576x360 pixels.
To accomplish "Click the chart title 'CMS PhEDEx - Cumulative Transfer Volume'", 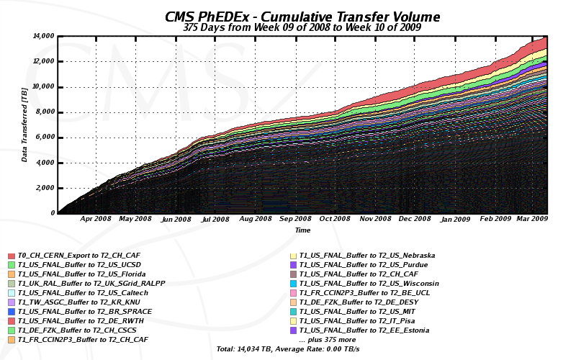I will tap(302, 17).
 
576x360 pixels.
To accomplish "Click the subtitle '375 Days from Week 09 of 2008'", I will tap(302, 28).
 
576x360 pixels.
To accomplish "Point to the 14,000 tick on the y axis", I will tap(44, 36).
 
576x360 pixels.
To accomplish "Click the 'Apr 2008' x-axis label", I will tap(96, 219).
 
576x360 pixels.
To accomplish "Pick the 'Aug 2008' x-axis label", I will tap(256, 219).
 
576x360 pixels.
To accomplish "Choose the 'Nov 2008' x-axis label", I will tap(375, 219).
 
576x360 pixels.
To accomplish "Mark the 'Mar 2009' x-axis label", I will tap(534, 219).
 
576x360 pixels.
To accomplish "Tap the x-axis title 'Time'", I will tap(302, 230).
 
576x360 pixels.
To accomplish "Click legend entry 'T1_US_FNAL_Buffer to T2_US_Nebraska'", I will tap(367, 256).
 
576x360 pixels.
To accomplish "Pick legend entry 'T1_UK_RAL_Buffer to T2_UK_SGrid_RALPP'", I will tap(91, 284).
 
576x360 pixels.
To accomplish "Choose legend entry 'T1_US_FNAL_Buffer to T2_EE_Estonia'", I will tap(364, 330).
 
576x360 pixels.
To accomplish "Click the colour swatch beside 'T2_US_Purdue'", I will tap(293, 265).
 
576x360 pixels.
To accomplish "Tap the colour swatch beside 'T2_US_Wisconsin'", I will tap(293, 284).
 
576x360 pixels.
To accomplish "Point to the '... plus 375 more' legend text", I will tap(328, 340).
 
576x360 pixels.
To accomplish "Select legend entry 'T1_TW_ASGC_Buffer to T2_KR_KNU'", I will tap(79, 302).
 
